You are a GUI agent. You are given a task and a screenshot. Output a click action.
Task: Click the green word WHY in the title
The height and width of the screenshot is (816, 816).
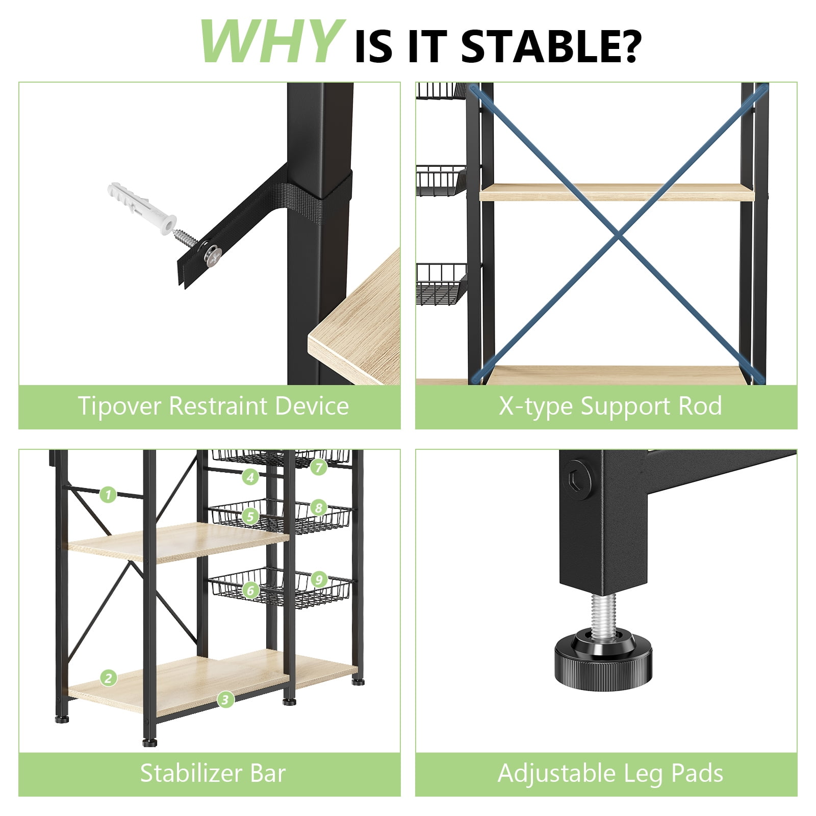(270, 41)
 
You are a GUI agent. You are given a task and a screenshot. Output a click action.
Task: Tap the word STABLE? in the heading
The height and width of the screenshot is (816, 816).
(550, 46)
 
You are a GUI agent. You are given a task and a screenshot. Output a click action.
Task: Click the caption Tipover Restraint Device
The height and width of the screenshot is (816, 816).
(213, 406)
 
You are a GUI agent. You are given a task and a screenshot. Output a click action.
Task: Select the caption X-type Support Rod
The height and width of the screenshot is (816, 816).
(610, 406)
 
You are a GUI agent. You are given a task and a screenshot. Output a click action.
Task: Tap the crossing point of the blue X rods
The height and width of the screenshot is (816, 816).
(619, 235)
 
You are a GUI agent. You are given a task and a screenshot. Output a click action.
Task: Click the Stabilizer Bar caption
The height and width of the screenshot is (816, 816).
(213, 773)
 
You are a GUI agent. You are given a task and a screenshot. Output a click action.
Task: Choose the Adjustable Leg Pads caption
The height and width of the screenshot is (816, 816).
(610, 773)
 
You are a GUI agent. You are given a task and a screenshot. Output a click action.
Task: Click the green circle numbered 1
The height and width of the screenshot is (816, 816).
(108, 494)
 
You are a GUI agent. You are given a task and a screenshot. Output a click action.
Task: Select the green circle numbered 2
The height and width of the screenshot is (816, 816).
(108, 678)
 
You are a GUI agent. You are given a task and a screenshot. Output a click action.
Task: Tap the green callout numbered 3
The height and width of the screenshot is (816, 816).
(225, 699)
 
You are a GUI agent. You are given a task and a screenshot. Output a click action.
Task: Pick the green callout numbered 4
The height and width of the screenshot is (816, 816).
(250, 477)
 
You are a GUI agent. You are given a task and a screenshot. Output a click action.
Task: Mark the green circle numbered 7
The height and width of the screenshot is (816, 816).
(319, 467)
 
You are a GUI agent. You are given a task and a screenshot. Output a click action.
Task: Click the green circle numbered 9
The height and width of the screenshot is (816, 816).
(319, 579)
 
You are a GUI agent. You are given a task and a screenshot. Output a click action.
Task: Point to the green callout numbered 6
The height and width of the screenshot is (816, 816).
(250, 591)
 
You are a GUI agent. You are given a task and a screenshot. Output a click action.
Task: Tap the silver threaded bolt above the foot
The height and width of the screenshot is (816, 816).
(603, 615)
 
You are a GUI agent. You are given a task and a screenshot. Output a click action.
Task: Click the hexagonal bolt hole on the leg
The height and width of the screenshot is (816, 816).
(578, 479)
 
